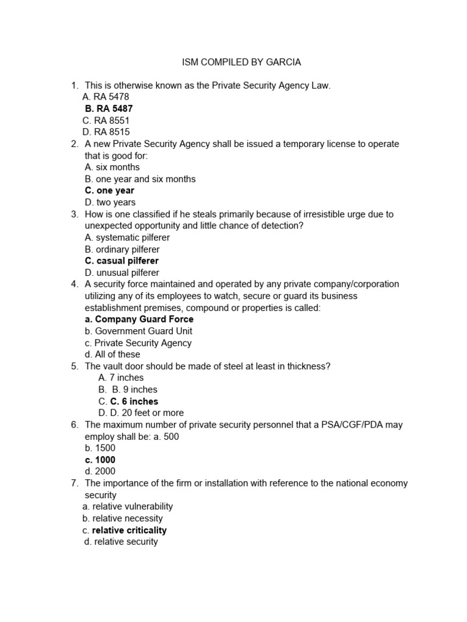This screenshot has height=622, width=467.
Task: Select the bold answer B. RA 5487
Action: click(109, 109)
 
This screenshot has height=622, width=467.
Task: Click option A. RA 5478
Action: click(105, 97)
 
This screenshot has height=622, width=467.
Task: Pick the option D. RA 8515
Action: click(106, 132)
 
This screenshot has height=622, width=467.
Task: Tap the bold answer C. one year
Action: click(109, 191)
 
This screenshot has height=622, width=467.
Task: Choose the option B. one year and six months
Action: click(140, 179)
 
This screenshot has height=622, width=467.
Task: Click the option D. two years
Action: click(110, 202)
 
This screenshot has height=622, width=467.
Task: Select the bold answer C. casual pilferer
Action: click(122, 261)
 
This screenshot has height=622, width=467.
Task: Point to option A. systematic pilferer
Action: click(127, 238)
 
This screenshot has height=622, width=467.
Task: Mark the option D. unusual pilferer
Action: click(122, 273)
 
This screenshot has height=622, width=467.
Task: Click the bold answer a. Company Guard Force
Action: click(139, 320)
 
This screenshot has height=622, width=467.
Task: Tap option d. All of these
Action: click(112, 354)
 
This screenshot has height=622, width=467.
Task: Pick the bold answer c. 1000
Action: click(100, 460)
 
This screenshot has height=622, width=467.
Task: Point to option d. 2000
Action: click(100, 471)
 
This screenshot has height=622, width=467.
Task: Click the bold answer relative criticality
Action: click(129, 530)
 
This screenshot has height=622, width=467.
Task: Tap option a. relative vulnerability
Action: click(128, 507)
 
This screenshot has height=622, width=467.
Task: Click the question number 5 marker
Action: click(74, 366)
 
